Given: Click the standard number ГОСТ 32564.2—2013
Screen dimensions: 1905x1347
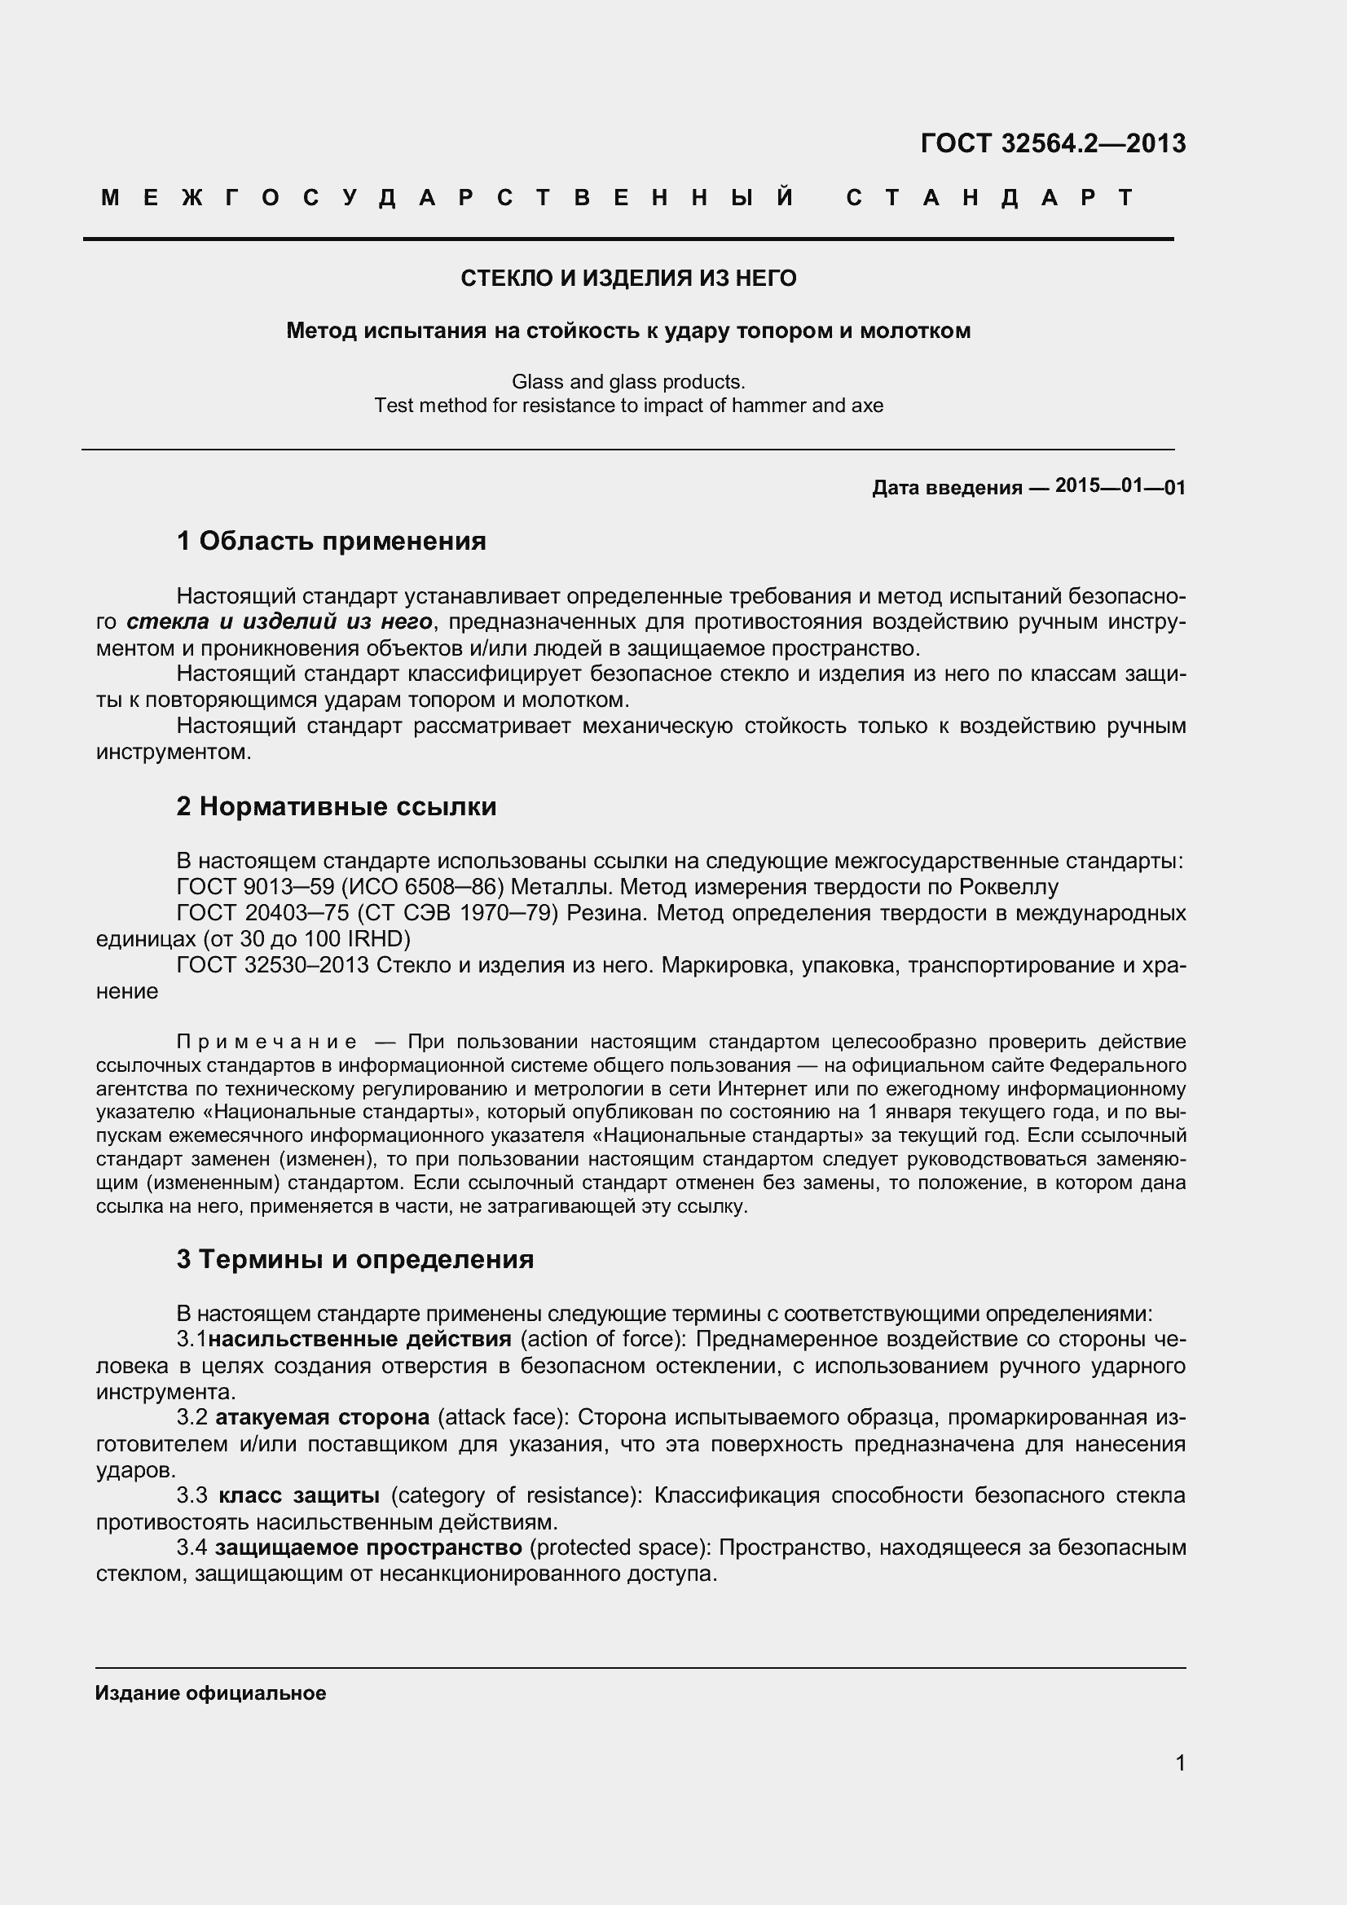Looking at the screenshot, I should coord(1052,143).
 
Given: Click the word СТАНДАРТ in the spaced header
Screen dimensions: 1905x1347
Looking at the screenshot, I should coord(989,197).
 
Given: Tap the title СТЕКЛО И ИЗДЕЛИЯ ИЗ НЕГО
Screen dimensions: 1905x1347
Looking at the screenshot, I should coord(628,278).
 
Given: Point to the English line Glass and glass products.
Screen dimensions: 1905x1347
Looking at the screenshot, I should coord(628,382).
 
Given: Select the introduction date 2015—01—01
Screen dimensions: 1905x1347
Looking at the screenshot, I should coord(1120,486).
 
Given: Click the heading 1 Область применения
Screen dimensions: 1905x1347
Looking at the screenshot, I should coord(331,541).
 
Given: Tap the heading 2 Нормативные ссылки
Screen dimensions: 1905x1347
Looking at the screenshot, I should coord(336,806).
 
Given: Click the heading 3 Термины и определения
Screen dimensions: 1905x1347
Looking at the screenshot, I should coord(355,1259).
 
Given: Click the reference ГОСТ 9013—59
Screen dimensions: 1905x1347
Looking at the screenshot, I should coord(255,887).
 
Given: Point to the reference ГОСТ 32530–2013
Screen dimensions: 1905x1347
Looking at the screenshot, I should coord(272,965).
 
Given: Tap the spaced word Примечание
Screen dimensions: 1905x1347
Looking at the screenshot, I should coord(267,1042).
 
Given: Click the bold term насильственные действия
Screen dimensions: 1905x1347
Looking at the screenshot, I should coord(359,1339).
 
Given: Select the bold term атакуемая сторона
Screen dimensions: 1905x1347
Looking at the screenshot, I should coord(322,1417).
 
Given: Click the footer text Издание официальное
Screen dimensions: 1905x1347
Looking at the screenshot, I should coord(211,1693).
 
